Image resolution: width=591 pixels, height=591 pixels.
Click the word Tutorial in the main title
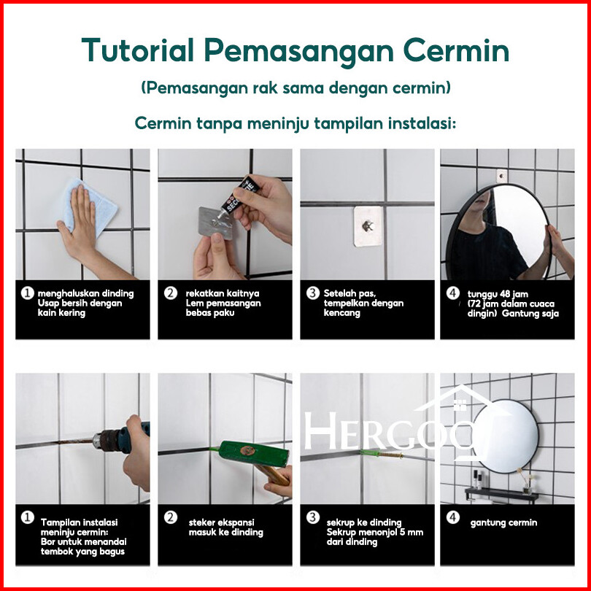pos(138,50)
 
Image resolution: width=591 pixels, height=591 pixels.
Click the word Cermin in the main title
pos(456,50)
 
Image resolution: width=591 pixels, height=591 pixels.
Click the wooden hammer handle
pos(273,475)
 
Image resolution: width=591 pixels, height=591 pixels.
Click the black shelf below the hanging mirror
pos(502,494)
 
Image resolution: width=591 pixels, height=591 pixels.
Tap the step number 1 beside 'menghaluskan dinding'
pos(27,293)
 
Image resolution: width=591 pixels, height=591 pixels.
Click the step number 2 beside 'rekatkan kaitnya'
pos(170,293)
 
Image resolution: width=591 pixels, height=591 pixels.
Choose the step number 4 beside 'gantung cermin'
pos(452,517)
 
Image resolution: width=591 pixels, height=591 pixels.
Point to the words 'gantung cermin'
pos(503,522)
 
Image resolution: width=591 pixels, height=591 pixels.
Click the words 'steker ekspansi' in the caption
pos(222,522)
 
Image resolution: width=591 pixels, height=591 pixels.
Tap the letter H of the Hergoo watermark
pos(320,430)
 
